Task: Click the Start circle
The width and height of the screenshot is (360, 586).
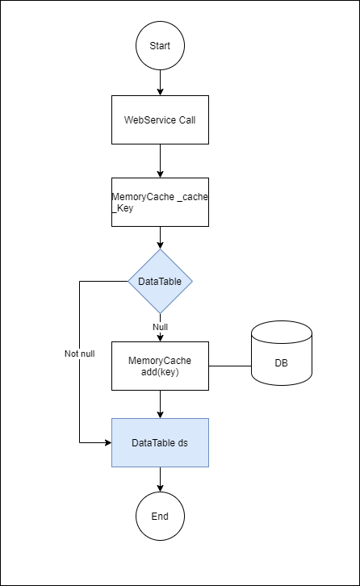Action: (160, 45)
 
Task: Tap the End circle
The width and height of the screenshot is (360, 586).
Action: (160, 516)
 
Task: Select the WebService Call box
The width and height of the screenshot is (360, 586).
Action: (160, 120)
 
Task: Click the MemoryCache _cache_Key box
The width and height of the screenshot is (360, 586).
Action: (160, 202)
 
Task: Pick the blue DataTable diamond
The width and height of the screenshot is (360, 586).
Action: (160, 281)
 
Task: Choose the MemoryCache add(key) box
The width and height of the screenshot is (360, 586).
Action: (160, 366)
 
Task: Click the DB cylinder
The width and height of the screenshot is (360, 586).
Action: (282, 353)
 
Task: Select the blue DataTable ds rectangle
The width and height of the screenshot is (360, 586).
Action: (160, 443)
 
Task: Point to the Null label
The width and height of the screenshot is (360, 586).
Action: (160, 327)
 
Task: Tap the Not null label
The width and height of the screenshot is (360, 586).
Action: (80, 354)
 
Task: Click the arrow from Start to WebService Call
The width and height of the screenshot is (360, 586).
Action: (160, 82)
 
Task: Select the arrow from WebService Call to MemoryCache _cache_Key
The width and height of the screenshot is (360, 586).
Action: (160, 161)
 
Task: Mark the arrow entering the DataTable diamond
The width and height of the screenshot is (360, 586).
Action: (160, 237)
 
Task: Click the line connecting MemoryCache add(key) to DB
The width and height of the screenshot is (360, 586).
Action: (230, 366)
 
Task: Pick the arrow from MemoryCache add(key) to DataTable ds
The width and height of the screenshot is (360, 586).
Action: (160, 404)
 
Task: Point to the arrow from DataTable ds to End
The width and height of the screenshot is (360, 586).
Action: (160, 479)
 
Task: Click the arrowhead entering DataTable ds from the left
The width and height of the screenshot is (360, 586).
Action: (108, 443)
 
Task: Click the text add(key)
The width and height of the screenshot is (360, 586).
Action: (160, 372)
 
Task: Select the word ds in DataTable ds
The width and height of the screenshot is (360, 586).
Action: (182, 443)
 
